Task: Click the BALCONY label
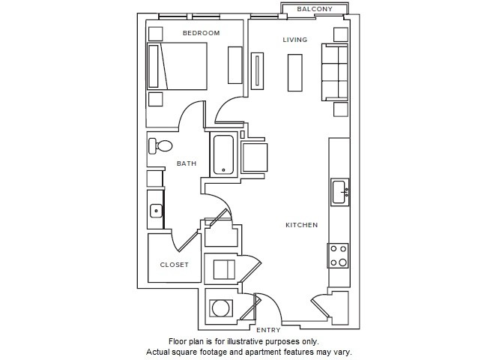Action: coord(315,9)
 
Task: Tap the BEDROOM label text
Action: coord(201,33)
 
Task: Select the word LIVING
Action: coord(295,40)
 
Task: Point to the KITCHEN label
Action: coord(302,225)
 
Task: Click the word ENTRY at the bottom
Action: coord(268,330)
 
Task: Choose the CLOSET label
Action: coord(174,265)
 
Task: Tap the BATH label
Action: coord(187,163)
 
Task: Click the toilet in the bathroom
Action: coord(160,146)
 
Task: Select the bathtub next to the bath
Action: coord(223,154)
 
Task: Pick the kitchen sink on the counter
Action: coord(339,192)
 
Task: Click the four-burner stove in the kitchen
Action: coord(338,256)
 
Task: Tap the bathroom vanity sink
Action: coord(156,211)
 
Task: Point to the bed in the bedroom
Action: coord(177,66)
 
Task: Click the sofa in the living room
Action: coord(335,72)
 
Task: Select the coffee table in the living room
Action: coord(295,73)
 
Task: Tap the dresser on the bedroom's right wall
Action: coord(235,65)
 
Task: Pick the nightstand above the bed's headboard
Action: coord(155,34)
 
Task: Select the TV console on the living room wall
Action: coord(257,71)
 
